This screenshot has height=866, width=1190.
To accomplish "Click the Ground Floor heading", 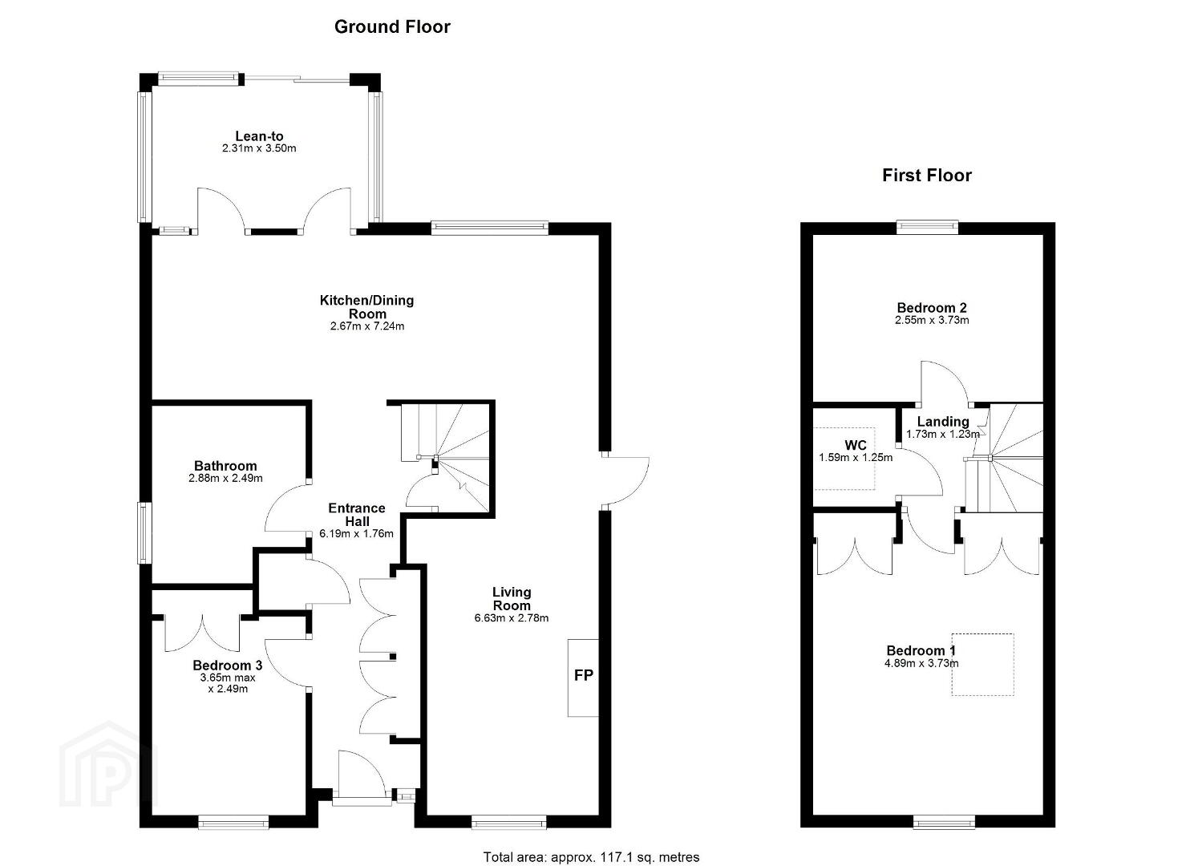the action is pyautogui.click(x=392, y=27).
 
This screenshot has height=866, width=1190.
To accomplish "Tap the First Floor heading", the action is pyautogui.click(x=926, y=176).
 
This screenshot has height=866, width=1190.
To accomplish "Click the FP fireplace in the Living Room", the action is pyautogui.click(x=583, y=678).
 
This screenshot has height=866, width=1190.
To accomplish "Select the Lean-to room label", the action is pyautogui.click(x=259, y=136).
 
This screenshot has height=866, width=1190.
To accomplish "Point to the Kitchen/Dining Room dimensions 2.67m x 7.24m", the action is pyautogui.click(x=367, y=326).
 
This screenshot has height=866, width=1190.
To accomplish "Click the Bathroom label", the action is pyautogui.click(x=225, y=466).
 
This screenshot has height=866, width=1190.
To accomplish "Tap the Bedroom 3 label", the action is pyautogui.click(x=228, y=666).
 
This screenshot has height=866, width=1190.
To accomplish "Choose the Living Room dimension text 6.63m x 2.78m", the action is pyautogui.click(x=512, y=618).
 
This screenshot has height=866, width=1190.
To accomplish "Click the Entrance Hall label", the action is pyautogui.click(x=357, y=515).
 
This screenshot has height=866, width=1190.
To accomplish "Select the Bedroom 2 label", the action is pyautogui.click(x=932, y=308).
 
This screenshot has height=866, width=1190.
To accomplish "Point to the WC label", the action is pyautogui.click(x=856, y=445).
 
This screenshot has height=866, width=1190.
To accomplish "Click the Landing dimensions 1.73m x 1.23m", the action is pyautogui.click(x=943, y=434).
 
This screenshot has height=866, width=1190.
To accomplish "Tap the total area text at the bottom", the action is pyautogui.click(x=591, y=842).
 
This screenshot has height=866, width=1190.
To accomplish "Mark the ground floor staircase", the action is pyautogui.click(x=445, y=458).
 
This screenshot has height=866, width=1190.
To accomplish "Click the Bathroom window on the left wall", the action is pyautogui.click(x=144, y=533).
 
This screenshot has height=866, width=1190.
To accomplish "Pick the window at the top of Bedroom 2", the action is pyautogui.click(x=928, y=228).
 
